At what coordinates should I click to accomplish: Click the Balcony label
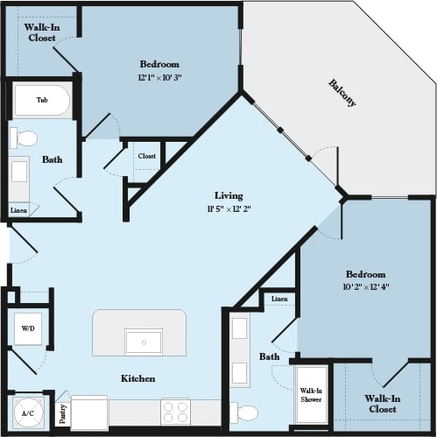click(342, 93)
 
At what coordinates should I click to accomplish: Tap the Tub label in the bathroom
click(41, 101)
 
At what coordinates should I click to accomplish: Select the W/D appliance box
click(28, 328)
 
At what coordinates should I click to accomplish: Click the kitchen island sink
click(143, 341)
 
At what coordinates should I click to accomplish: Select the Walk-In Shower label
click(311, 395)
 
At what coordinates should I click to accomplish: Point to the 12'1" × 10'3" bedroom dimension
click(159, 77)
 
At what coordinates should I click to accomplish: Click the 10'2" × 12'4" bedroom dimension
click(364, 287)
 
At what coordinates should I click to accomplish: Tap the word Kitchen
click(138, 378)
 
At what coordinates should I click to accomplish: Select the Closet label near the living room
click(146, 157)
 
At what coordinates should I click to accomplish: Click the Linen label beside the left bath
click(18, 211)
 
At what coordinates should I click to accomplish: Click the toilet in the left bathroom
click(25, 137)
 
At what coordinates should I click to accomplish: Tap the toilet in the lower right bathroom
click(248, 412)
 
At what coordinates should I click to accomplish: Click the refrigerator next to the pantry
click(89, 412)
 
